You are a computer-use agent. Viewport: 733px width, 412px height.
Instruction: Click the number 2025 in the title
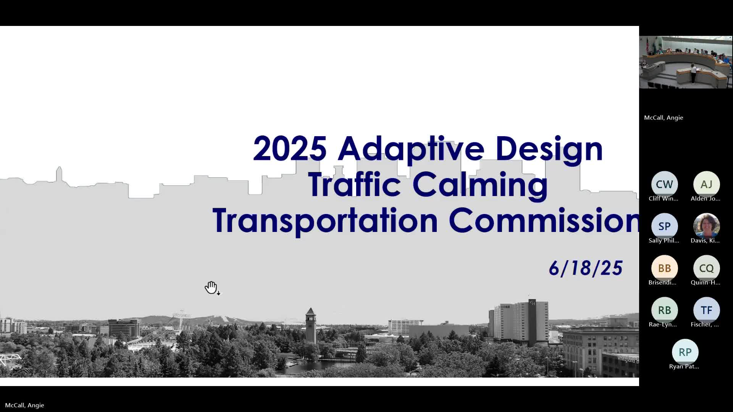tap(290, 148)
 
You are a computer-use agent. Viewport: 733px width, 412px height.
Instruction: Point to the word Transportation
tap(325, 221)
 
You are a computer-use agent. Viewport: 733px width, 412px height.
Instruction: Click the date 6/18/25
tap(586, 268)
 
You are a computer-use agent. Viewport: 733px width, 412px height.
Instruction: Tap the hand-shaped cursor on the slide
tap(212, 288)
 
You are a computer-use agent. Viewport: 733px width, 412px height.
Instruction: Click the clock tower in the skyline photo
tap(310, 325)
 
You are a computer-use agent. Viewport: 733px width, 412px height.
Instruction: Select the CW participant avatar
tap(664, 184)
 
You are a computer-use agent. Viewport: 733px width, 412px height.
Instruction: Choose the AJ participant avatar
tap(706, 184)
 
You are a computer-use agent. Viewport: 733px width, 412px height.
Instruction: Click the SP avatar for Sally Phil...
tap(664, 226)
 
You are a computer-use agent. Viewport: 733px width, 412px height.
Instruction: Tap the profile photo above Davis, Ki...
tap(706, 226)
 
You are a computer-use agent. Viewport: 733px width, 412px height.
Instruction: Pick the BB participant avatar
tap(664, 268)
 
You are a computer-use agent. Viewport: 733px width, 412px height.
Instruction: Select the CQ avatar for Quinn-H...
tap(706, 268)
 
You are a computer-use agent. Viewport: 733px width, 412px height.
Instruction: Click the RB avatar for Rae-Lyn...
tap(664, 310)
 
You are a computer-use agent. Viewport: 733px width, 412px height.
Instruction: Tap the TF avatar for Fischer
tap(706, 310)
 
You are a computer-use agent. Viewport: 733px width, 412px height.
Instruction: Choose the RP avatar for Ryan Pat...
tap(685, 352)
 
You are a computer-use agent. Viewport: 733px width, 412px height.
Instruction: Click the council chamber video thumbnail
tap(686, 62)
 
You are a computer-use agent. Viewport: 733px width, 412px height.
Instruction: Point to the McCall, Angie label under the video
tap(664, 118)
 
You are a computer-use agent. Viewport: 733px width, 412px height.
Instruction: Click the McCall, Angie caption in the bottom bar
tap(24, 405)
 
